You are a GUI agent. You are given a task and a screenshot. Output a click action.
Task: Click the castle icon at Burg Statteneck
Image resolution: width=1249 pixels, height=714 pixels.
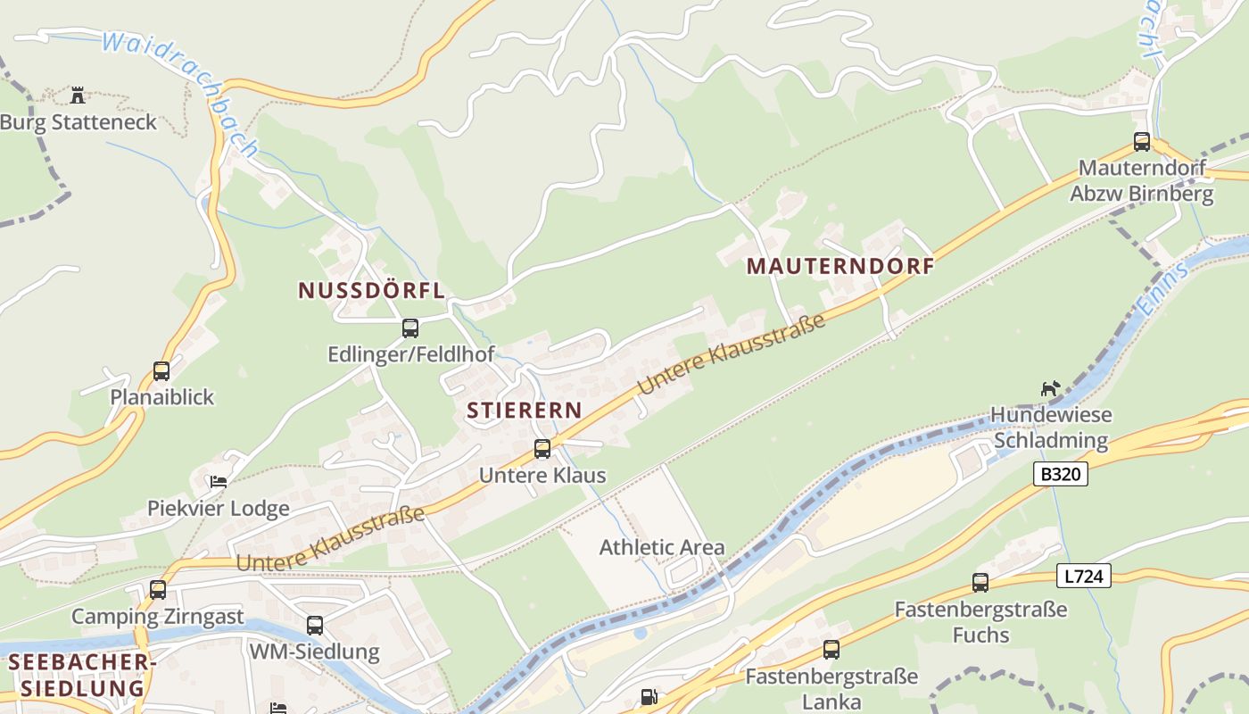78,95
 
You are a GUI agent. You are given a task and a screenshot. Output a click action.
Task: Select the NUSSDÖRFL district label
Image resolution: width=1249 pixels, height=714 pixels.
371,290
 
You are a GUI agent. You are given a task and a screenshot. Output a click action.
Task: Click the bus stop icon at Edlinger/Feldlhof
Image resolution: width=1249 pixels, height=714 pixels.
409,328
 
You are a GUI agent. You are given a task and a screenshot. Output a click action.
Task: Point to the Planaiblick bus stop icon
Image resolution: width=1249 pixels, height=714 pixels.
161,370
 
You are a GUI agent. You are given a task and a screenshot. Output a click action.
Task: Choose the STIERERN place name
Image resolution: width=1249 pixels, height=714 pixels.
524,411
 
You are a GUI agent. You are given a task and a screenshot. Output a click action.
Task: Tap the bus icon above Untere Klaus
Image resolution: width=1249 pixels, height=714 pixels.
542,449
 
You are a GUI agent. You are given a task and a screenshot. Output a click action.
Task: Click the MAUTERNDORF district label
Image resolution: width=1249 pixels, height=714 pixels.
840,266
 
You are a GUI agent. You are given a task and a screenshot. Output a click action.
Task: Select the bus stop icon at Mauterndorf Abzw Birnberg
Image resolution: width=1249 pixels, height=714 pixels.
1141,141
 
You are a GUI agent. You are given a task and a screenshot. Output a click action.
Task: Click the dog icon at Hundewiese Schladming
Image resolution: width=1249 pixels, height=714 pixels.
1051,388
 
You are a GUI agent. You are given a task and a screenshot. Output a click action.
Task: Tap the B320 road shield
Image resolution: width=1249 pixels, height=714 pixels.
1062,474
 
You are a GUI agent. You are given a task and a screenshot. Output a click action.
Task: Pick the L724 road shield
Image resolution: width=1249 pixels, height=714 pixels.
1085,577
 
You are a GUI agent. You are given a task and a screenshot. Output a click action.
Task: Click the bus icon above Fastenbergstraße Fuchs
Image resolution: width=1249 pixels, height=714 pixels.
980,583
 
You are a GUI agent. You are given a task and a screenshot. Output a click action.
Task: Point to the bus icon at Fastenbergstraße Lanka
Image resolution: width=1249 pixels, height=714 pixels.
831,650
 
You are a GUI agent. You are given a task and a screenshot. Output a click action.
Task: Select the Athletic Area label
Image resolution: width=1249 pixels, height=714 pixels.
662,547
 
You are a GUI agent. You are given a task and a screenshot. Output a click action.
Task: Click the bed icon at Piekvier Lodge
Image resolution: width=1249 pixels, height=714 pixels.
218,482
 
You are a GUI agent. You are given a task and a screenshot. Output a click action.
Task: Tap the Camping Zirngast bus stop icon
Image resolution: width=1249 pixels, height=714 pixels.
158,590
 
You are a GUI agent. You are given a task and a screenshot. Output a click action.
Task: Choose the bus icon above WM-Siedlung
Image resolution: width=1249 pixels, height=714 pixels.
314,626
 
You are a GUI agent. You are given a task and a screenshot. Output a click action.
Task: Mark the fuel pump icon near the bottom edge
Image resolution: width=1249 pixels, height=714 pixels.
649,697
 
